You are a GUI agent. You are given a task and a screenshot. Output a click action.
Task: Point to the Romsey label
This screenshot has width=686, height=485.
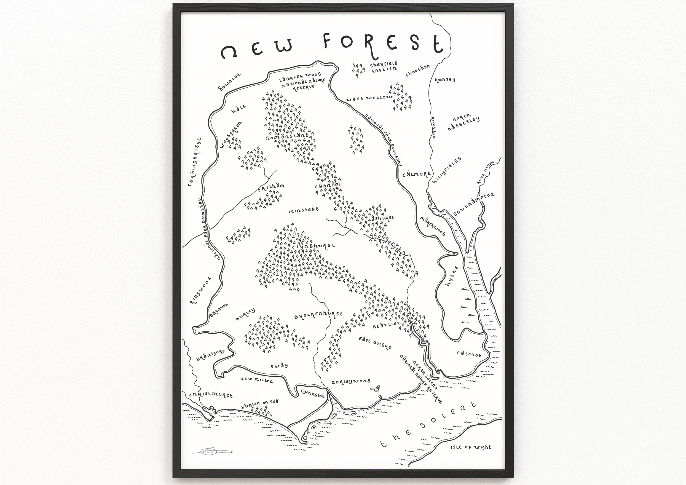[445, 80]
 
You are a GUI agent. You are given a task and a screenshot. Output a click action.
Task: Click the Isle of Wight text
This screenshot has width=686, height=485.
[471, 447]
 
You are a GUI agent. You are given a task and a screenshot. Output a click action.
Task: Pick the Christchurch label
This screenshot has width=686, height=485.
[211, 395]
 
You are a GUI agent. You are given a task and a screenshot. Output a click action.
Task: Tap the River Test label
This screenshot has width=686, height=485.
[433, 128]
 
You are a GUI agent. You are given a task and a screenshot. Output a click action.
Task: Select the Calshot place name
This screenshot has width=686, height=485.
[469, 354]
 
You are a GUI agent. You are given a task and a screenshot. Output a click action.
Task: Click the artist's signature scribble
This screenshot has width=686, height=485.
[212, 452]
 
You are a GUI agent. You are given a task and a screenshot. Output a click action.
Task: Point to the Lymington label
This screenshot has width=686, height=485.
[313, 394]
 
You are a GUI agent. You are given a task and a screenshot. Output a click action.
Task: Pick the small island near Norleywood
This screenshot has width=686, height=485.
[375, 389]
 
